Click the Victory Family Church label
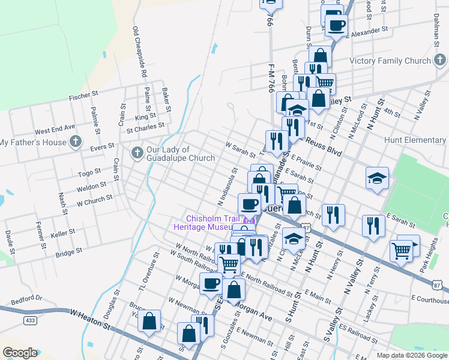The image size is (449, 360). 391,61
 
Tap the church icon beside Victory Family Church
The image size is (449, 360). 440,61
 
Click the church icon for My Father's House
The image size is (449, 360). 75,142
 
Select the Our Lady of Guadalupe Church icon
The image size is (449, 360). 137,154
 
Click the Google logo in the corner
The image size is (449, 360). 20,353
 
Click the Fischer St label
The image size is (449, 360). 83,95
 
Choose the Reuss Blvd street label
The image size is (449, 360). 323,146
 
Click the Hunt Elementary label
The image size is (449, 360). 416,140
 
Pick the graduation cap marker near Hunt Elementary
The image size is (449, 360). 377,179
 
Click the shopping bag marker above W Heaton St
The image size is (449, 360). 149,320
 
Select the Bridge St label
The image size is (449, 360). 68,254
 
